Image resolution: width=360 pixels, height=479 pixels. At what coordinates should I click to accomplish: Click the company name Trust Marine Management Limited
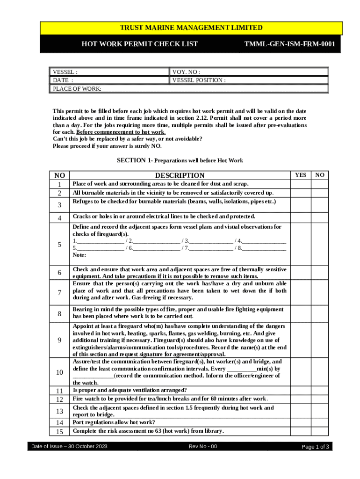191,28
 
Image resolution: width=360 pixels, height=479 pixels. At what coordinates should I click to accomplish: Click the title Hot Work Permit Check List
140,44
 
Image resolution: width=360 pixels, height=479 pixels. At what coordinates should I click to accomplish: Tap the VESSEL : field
109,72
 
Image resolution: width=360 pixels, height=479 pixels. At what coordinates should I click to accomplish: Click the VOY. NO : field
248,72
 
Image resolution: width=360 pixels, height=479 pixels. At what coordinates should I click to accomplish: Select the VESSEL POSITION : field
248,80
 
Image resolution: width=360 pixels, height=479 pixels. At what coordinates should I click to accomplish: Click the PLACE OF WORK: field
189,88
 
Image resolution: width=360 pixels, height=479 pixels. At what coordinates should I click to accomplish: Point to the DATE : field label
63,80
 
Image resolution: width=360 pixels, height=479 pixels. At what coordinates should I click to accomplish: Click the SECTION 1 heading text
180,160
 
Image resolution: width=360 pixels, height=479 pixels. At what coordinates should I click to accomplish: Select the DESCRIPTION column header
180,175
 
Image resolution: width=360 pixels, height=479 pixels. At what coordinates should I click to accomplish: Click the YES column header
301,175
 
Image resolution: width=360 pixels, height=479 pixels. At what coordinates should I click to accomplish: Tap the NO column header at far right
320,175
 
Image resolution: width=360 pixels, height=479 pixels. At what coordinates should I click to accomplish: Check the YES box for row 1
301,184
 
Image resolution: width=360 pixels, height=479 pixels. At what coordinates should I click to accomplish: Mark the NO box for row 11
320,390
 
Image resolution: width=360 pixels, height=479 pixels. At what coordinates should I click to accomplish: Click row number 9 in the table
59,340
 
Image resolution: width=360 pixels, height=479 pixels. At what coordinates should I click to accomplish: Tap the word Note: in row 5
79,255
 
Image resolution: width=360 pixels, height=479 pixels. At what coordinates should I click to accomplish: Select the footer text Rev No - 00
203,447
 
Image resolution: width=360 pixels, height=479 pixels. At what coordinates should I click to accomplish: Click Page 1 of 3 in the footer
316,447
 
